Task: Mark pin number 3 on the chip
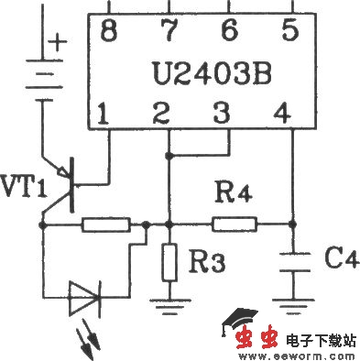[220, 115]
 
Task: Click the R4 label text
[231, 193]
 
